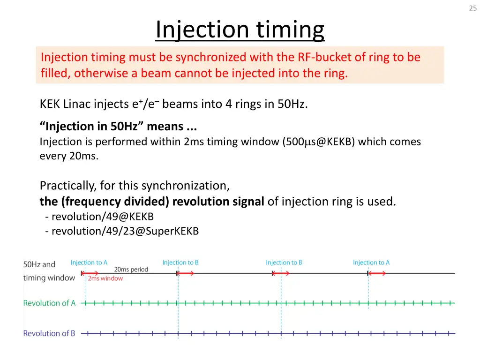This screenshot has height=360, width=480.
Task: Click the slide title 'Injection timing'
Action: tap(240, 30)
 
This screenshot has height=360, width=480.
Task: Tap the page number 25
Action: tap(472, 8)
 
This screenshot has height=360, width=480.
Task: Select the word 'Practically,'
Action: tap(67, 186)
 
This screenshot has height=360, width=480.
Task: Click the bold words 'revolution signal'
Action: tap(218, 202)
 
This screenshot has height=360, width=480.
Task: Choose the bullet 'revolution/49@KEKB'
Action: tap(102, 217)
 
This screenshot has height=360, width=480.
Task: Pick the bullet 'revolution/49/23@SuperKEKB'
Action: tap(125, 231)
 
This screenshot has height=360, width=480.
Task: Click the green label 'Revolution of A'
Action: tap(49, 303)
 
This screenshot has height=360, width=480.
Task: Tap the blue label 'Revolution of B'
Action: tap(49, 334)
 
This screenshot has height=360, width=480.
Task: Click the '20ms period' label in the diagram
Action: tap(131, 270)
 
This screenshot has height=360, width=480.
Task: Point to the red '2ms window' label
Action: tap(105, 278)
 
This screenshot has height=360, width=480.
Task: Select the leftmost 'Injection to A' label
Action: tap(89, 262)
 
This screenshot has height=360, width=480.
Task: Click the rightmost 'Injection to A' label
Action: tap(371, 262)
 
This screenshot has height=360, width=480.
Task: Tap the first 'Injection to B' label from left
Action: tap(180, 262)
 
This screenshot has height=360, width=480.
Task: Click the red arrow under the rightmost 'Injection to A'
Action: tap(377, 273)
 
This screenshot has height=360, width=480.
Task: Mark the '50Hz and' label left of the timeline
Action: tap(39, 264)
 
